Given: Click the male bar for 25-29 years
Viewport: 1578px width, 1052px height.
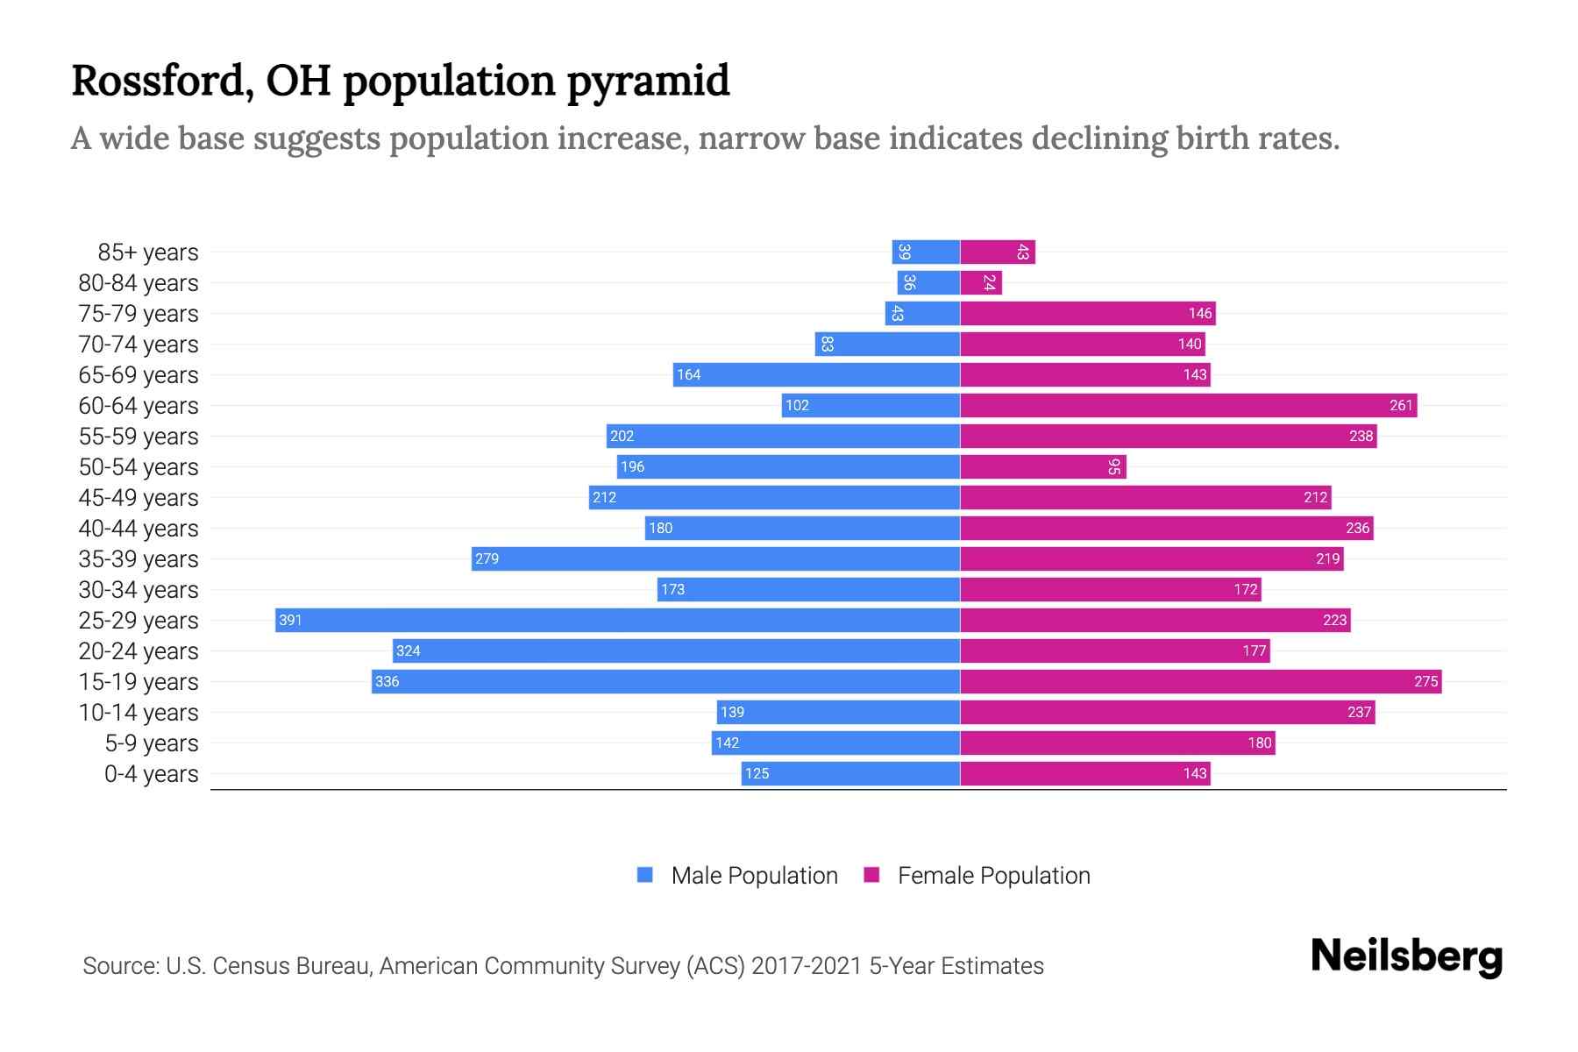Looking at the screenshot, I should pos(617,620).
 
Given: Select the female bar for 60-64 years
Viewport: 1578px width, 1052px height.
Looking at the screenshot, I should pos(1188,405).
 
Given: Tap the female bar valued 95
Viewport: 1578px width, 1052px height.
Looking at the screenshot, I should pos(1042,466).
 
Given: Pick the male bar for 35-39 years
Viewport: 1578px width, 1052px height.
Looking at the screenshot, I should pos(715,558).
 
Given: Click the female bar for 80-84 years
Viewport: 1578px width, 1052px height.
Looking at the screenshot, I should pos(980,282).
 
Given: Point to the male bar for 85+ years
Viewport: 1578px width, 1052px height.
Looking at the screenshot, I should pos(926,252).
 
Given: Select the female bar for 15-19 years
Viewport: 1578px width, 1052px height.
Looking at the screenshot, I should pos(1200,681).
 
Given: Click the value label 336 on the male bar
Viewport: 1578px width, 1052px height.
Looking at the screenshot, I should pos(387,681).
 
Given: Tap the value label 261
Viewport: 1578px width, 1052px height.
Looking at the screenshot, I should pos(1401,405).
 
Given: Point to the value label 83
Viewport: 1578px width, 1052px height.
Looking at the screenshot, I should pos(827,344).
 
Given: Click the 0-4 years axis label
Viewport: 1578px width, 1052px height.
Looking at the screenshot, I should pos(151,773).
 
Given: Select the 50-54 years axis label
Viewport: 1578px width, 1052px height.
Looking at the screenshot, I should pos(139,466).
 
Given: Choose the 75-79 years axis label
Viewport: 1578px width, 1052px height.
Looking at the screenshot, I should pos(139,313).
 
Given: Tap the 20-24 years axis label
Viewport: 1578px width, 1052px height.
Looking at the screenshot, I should pos(139,650).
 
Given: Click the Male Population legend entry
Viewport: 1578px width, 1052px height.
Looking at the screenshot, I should pos(753,875).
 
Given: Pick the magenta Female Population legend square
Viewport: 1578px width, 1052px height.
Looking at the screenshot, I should pos(871,875).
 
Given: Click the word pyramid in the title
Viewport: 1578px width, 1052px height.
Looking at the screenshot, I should pos(647,81).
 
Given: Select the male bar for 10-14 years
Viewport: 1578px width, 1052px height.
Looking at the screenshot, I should pos(838,712).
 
